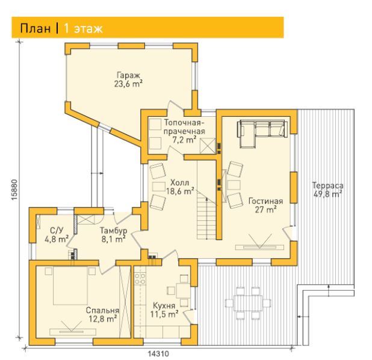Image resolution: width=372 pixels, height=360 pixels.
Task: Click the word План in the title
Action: [x=36, y=28]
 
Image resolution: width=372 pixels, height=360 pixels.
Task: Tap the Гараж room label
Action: [x=128, y=75]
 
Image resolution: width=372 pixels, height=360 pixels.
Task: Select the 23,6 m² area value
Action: [x=128, y=84]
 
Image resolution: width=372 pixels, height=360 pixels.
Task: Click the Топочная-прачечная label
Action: [x=184, y=127]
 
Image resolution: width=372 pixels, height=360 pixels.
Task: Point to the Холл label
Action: [x=180, y=183]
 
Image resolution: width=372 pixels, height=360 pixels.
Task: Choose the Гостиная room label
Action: [x=265, y=201]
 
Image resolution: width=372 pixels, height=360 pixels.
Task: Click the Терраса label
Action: [x=327, y=185]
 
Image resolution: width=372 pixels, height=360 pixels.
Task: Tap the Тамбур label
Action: [x=113, y=231]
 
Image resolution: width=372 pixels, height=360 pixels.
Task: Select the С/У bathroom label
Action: [x=57, y=230]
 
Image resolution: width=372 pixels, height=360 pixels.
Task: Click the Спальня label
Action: [x=102, y=311]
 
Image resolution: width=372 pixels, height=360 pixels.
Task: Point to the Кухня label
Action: [x=164, y=305]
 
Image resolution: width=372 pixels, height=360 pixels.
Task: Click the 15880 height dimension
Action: [x=14, y=190]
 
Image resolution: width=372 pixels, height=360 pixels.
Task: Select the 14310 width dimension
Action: [x=159, y=354]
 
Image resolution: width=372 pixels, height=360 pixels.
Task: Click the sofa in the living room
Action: [x=263, y=134]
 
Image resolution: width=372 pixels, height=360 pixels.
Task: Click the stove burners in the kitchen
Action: [x=140, y=279]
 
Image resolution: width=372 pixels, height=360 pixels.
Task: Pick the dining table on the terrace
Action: [x=248, y=303]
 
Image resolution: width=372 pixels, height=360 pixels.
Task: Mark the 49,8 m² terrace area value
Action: [x=327, y=194]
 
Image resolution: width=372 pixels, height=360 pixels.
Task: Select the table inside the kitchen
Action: [x=183, y=290]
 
